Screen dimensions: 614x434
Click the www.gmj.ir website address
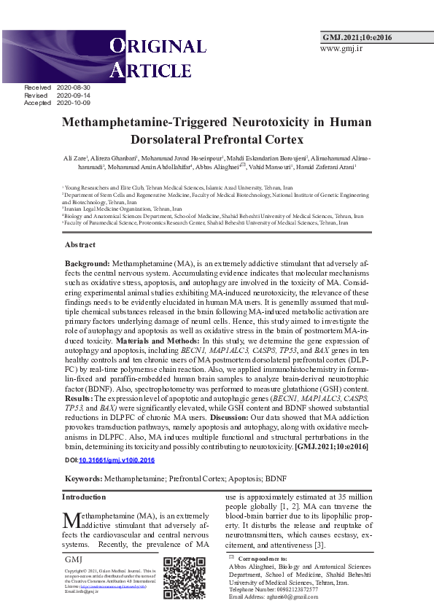click(x=341, y=49)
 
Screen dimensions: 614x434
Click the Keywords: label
click(x=83, y=478)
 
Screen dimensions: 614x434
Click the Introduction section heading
click(x=84, y=497)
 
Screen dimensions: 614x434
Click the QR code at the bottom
click(x=184, y=578)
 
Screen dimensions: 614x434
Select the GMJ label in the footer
click(x=73, y=559)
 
